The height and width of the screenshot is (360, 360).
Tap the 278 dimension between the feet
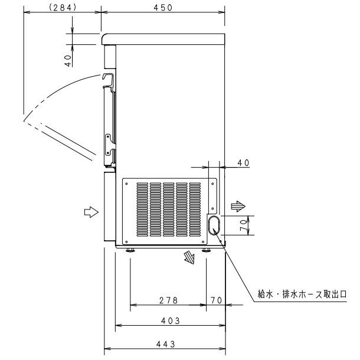(x=168, y=300)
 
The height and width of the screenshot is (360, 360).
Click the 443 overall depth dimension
(x=165, y=343)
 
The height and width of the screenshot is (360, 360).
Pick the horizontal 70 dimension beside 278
(x=216, y=300)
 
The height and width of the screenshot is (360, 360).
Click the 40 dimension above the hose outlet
(x=243, y=162)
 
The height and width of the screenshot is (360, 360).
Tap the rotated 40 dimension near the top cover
(x=68, y=59)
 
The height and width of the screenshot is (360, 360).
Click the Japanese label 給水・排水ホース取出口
(x=302, y=293)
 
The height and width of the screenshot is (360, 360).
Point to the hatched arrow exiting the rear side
(x=236, y=206)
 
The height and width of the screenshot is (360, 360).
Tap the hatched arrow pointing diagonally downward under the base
(x=189, y=257)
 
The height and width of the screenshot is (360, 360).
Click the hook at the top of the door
(x=107, y=79)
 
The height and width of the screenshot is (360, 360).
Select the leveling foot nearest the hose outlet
(x=207, y=251)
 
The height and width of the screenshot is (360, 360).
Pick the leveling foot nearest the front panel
(x=130, y=251)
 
